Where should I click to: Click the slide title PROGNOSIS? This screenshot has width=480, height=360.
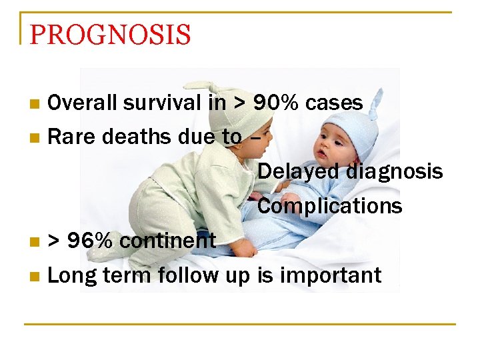(x=110, y=34)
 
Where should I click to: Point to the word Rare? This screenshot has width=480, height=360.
(x=68, y=137)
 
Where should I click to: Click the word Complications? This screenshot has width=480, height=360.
(x=329, y=206)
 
